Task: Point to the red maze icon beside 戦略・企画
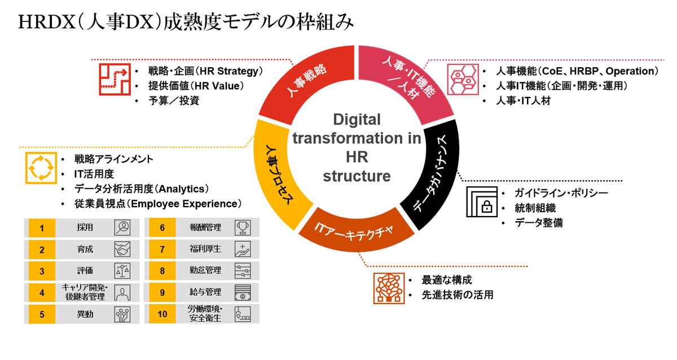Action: tap(113, 79)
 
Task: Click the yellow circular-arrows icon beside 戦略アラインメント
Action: tap(39, 168)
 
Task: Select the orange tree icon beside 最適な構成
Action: tap(389, 287)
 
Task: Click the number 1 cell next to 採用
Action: tap(41, 228)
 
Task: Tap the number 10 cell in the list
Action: tap(162, 314)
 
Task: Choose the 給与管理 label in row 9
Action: tap(205, 292)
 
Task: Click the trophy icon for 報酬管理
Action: tap(243, 228)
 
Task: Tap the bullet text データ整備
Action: tap(538, 222)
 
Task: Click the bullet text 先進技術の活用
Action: tap(457, 294)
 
